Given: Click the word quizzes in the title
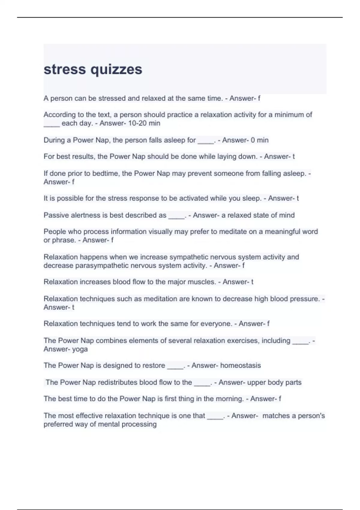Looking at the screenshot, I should pyautogui.click(x=116, y=70).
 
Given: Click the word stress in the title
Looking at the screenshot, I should pyautogui.click(x=64, y=70).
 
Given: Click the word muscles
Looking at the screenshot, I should pyautogui.click(x=204, y=282).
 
